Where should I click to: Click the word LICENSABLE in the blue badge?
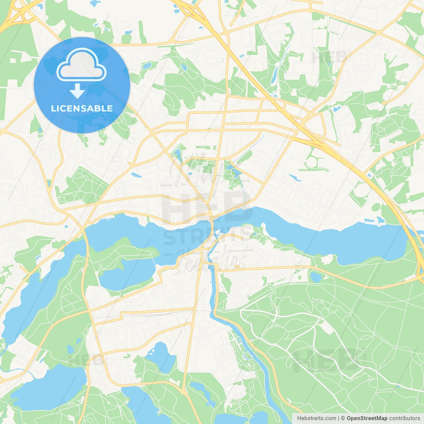tap(82, 108)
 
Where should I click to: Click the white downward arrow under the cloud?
tap(77, 91)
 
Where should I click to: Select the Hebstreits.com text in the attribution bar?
tap(316, 418)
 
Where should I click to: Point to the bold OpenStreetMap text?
tap(367, 418)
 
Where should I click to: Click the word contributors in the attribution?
tap(404, 418)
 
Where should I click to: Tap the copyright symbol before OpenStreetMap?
tap(343, 418)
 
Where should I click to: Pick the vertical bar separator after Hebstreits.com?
tap(338, 418)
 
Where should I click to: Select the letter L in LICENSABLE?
tap(53, 108)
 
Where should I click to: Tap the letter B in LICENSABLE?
tap(99, 108)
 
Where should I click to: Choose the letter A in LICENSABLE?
tap(90, 108)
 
